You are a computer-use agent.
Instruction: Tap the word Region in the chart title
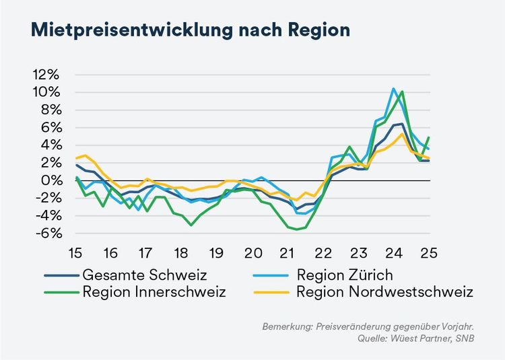[316, 31]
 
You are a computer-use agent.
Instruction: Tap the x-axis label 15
[75, 253]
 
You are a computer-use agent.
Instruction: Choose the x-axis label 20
[252, 253]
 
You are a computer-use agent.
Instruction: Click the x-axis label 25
[429, 253]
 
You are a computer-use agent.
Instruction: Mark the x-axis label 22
[324, 253]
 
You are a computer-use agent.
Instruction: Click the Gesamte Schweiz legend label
[135, 275]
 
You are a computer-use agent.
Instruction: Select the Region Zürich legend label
[344, 275]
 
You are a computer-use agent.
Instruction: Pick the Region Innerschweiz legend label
[154, 292]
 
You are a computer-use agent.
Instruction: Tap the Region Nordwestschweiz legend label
[384, 292]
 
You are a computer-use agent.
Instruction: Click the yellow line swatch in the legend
[274, 292]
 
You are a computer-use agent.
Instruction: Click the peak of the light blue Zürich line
[394, 89]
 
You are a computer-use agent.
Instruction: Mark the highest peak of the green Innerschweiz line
[402, 92]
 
